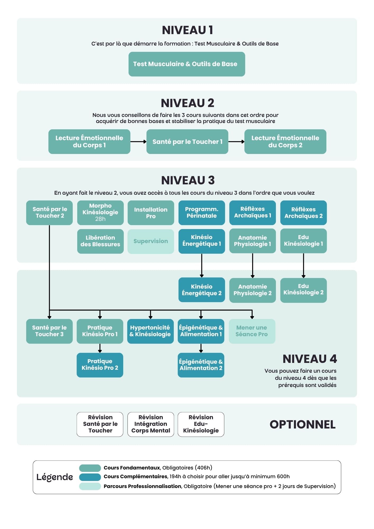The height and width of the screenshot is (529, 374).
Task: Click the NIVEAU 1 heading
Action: click(x=187, y=30)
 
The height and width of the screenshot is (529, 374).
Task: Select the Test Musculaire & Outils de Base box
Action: click(x=187, y=64)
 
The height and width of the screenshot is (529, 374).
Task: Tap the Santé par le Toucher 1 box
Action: click(x=187, y=142)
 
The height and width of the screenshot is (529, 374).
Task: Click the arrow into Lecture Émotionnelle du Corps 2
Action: click(x=236, y=142)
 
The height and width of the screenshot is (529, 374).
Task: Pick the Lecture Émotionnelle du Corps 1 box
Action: click(x=89, y=142)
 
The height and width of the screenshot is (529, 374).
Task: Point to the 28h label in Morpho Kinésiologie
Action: click(x=100, y=219)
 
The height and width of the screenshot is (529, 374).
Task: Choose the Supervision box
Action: click(x=150, y=241)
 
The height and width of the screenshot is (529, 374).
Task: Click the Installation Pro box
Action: click(x=150, y=213)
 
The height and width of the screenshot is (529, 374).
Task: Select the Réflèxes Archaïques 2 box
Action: click(x=303, y=213)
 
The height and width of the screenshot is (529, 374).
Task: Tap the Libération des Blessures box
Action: click(x=100, y=241)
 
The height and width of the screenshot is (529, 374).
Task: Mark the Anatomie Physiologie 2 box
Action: click(x=252, y=290)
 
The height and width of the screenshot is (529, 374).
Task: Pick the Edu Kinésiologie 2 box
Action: click(x=303, y=290)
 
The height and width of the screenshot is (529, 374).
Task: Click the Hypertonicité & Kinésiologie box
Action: click(x=150, y=331)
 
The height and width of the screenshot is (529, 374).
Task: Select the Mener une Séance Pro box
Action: click(x=252, y=331)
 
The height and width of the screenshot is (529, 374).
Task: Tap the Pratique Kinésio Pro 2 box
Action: click(x=100, y=365)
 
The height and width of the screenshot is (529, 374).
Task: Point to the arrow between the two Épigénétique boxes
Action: click(x=201, y=348)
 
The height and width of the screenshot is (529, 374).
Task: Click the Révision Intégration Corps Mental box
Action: click(x=150, y=424)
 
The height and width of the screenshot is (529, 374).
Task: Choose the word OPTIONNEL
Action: click(x=302, y=425)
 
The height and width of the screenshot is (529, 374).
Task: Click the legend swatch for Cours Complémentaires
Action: click(x=90, y=477)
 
